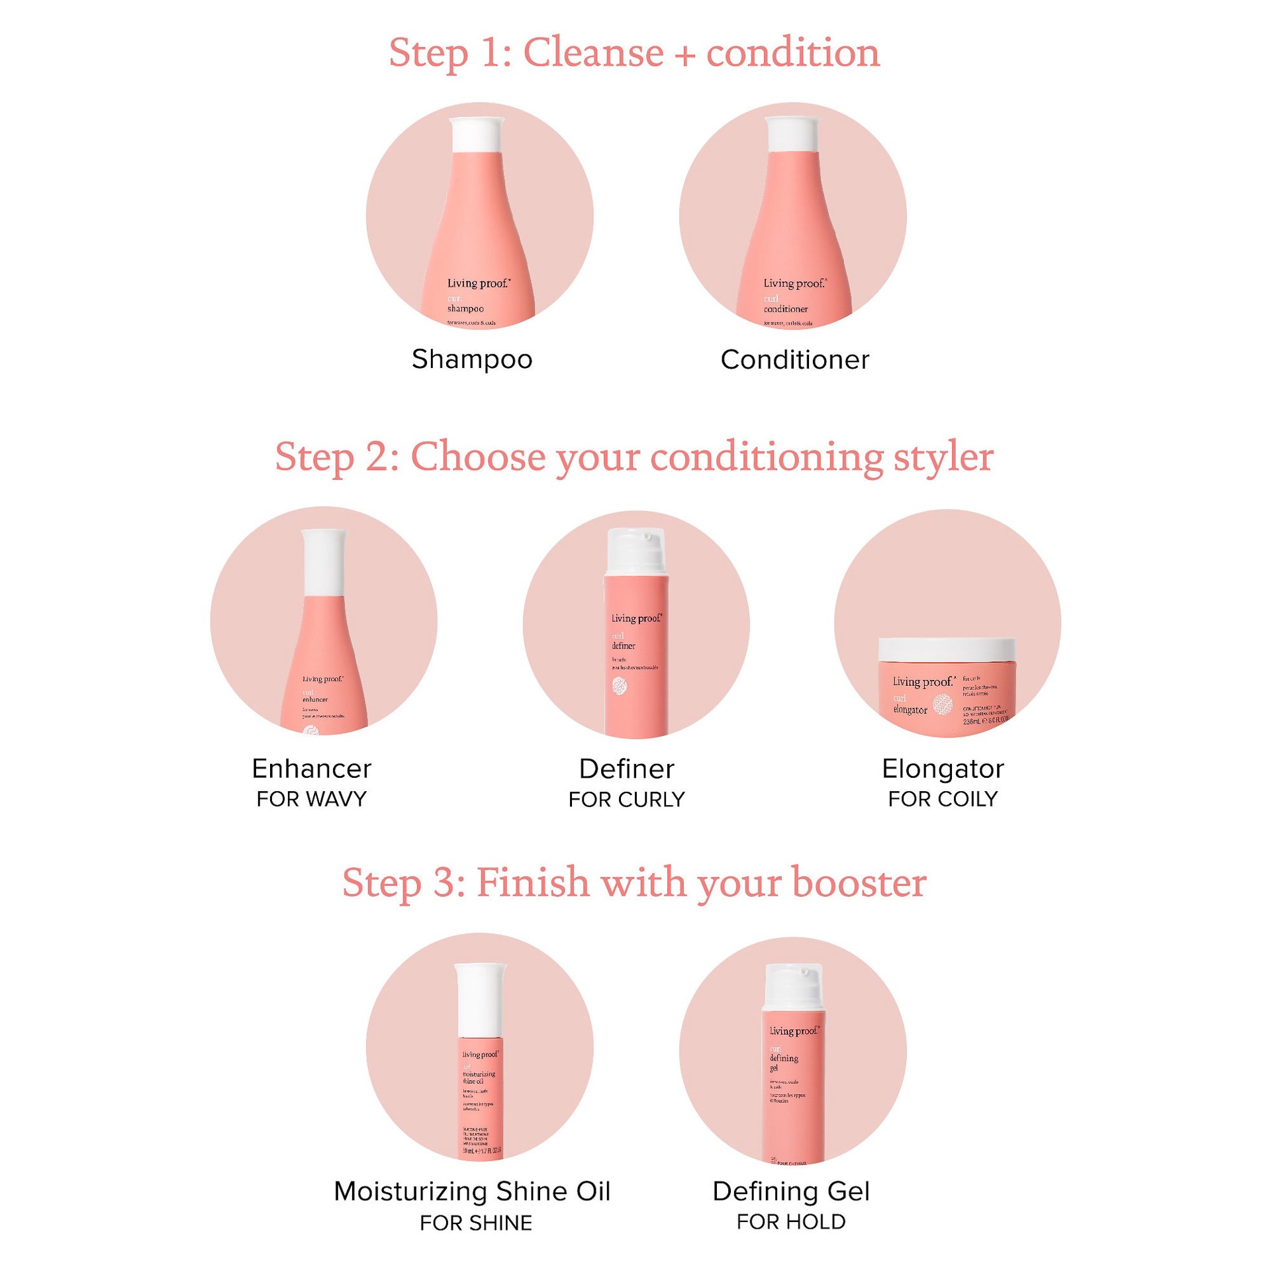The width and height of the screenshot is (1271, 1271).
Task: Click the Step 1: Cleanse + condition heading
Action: (x=634, y=52)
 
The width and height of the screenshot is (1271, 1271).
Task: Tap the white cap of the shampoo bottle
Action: (x=476, y=135)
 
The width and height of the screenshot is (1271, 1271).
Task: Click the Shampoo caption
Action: (x=472, y=359)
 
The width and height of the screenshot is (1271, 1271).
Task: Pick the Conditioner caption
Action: (x=794, y=360)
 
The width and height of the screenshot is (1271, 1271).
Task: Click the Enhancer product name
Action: (x=311, y=769)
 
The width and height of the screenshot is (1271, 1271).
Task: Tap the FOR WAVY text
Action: (x=311, y=799)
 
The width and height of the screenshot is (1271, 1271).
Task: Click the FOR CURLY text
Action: (x=626, y=800)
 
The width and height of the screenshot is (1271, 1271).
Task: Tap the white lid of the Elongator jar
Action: (x=947, y=649)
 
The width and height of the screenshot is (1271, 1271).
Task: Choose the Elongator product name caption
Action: (x=943, y=769)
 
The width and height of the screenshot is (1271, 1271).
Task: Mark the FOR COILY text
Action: (x=943, y=799)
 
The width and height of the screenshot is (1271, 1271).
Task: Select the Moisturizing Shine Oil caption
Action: (x=472, y=1191)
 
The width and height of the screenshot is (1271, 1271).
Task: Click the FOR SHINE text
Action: (x=475, y=1223)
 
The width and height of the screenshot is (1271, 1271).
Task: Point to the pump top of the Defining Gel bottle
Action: (x=793, y=986)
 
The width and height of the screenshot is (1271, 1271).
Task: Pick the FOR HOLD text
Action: (x=791, y=1221)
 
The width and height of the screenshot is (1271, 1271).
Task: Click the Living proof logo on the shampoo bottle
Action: (x=479, y=283)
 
